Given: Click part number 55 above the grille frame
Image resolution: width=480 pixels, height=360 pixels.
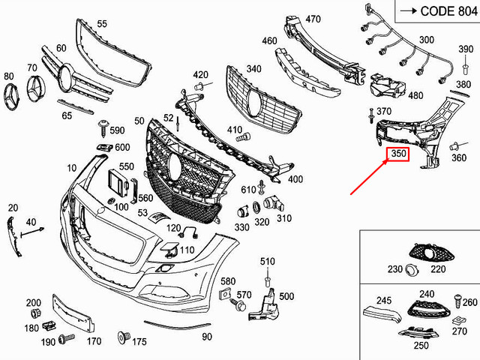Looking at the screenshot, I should point(101,25).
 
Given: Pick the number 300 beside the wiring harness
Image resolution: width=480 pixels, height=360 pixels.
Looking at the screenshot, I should point(426,39).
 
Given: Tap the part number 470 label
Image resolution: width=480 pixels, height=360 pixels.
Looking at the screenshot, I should point(313,19).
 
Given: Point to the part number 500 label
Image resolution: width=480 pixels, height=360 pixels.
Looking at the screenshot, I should point(286,297).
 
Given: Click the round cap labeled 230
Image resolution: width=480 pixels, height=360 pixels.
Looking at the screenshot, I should point(411,271).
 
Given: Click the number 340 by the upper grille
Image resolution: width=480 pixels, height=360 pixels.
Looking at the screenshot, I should point(253,70).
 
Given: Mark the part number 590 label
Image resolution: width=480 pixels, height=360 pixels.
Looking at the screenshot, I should point(116,130).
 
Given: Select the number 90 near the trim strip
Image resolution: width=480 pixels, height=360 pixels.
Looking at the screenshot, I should point(207,337).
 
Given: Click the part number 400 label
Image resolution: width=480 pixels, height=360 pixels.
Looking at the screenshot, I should point(295,179).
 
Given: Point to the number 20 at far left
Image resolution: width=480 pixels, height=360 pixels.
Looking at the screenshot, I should point(13,207).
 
